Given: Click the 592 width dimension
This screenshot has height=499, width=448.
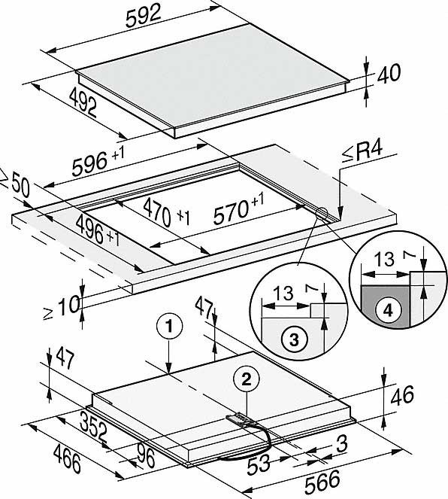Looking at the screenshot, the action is point(144,17).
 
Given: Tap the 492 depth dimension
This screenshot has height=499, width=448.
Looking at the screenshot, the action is point(83,102).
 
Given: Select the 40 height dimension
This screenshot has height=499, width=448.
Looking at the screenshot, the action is point(389,74).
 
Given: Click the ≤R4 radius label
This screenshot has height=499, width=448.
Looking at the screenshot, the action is point(362,153).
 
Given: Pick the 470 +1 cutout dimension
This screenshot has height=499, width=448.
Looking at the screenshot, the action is point(166,211).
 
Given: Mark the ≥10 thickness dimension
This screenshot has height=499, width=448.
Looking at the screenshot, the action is point(62,306).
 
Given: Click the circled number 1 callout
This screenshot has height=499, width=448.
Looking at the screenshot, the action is point(169,327).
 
